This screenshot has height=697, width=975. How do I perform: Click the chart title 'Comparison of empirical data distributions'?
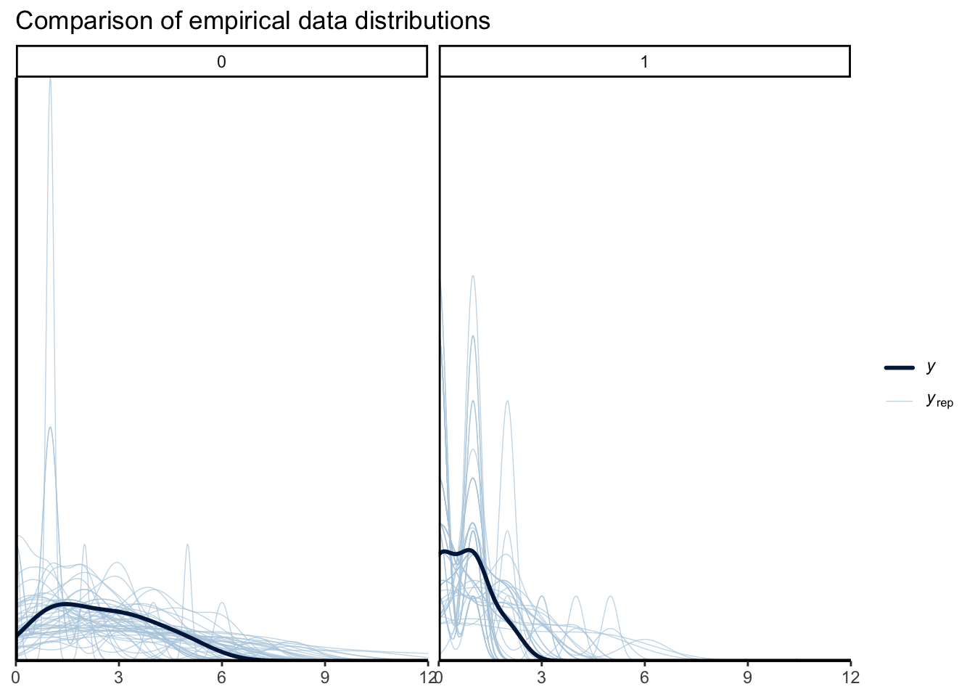click(x=252, y=21)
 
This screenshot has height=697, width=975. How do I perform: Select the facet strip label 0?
click(x=221, y=62)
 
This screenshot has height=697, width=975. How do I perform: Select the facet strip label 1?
click(x=644, y=62)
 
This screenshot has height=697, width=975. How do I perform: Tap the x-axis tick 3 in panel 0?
click(x=119, y=678)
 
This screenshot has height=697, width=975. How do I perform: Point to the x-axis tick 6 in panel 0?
click(x=222, y=678)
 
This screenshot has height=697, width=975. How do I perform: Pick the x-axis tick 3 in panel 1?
click(x=542, y=678)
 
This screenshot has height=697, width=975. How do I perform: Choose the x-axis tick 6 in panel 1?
click(x=644, y=678)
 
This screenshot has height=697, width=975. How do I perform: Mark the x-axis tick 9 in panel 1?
click(x=747, y=678)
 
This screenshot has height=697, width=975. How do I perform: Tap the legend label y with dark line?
click(x=931, y=367)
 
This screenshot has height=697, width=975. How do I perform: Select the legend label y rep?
click(x=939, y=400)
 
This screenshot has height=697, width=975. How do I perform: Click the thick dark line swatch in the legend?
click(x=899, y=367)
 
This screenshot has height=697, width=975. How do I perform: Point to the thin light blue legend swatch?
click(x=899, y=400)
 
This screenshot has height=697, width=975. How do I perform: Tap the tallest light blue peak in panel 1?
click(x=473, y=276)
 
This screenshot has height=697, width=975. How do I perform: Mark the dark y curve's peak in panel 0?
click(x=65, y=603)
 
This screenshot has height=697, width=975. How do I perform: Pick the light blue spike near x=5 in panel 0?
click(x=187, y=545)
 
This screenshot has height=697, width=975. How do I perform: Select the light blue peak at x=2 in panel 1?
click(x=507, y=401)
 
